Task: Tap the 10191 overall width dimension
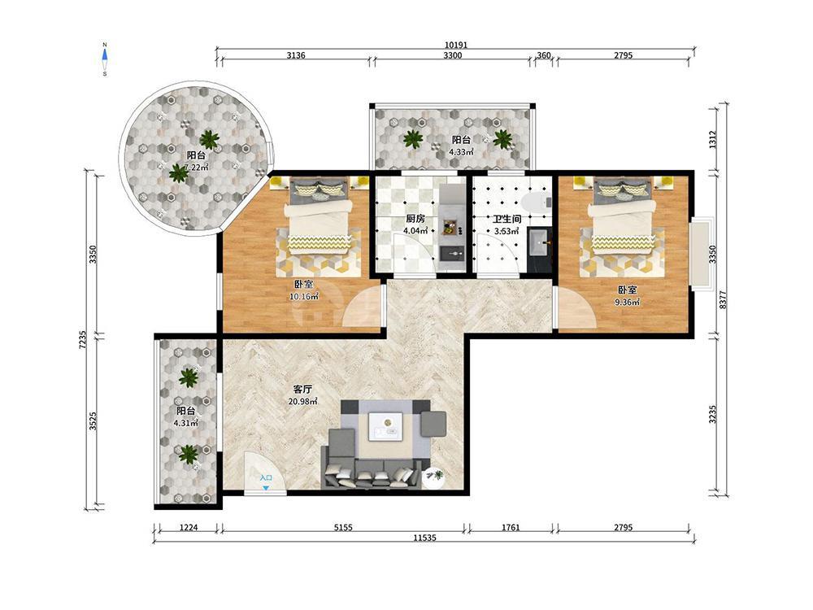click(456, 45)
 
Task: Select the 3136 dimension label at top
click(296, 55)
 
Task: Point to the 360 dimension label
click(543, 55)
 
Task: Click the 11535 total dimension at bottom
click(424, 538)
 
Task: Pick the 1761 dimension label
click(511, 528)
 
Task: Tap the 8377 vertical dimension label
click(723, 299)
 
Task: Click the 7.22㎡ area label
click(197, 167)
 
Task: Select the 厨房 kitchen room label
click(415, 219)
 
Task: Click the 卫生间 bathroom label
click(506, 219)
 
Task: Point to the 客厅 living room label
click(302, 389)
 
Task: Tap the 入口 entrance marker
click(266, 477)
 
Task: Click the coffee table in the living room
click(386, 426)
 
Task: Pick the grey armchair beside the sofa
click(433, 423)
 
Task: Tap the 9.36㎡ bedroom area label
click(627, 302)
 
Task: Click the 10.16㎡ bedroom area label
click(304, 297)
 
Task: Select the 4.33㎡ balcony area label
click(461, 152)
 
